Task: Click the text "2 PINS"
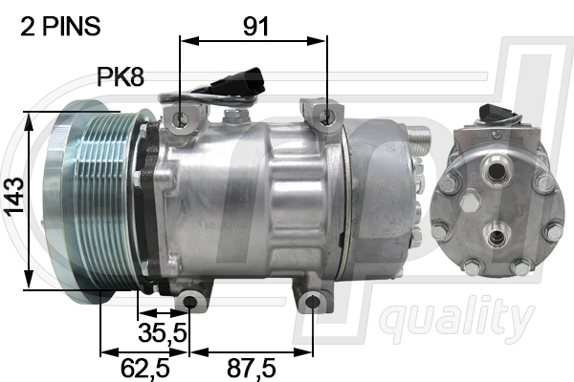point(59,26)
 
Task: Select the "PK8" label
point(121,76)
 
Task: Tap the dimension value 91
point(254,26)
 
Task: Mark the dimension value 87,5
point(253,368)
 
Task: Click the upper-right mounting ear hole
point(328,117)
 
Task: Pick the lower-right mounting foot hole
point(312,304)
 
